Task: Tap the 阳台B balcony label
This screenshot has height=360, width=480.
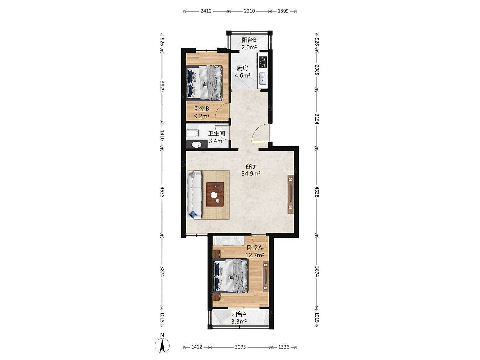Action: point(249,40)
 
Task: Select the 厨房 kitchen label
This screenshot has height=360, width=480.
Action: point(242,68)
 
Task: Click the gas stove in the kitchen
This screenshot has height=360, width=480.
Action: point(263,62)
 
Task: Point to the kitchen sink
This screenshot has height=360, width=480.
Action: point(263,78)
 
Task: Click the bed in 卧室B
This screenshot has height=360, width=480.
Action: point(204,82)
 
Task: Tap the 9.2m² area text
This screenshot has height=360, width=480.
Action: point(201,116)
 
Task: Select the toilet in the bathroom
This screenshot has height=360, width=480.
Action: point(193,133)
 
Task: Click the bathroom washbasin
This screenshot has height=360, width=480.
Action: point(197,144)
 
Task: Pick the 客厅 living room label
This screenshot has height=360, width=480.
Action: point(251,166)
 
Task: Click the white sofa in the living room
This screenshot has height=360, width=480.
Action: point(194,195)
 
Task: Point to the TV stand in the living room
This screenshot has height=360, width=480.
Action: point(290,194)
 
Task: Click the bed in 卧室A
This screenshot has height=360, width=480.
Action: point(231,275)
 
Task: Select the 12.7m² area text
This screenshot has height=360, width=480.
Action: point(255,255)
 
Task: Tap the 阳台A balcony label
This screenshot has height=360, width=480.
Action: point(239,314)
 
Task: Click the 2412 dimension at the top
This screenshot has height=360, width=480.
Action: point(206,11)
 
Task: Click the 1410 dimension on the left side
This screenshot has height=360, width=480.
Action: point(162,135)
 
